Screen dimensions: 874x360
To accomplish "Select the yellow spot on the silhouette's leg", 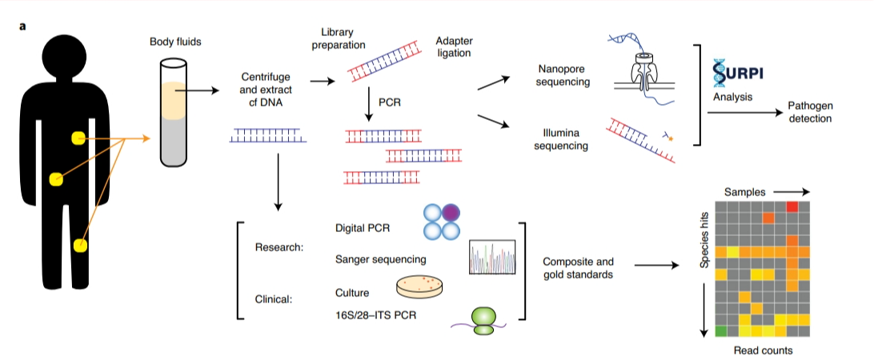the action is pyautogui.click(x=81, y=244).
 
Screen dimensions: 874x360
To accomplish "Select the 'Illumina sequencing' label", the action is pyautogui.click(x=564, y=140).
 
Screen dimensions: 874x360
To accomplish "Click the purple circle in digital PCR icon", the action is pyautogui.click(x=451, y=212).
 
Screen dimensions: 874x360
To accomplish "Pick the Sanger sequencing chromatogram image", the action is pyautogui.click(x=492, y=257).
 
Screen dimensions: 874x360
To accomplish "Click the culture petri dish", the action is pyautogui.click(x=421, y=287).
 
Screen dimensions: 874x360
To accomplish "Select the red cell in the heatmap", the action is pyautogui.click(x=792, y=206).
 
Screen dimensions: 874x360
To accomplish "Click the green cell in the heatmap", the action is pyautogui.click(x=720, y=331).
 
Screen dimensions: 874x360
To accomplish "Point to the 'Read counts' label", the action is pyautogui.click(x=763, y=350).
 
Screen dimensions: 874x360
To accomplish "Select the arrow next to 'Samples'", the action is pyautogui.click(x=791, y=192).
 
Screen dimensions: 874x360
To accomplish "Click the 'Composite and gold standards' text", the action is pyautogui.click(x=578, y=267).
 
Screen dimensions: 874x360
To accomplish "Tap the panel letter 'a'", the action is pyautogui.click(x=22, y=26).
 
